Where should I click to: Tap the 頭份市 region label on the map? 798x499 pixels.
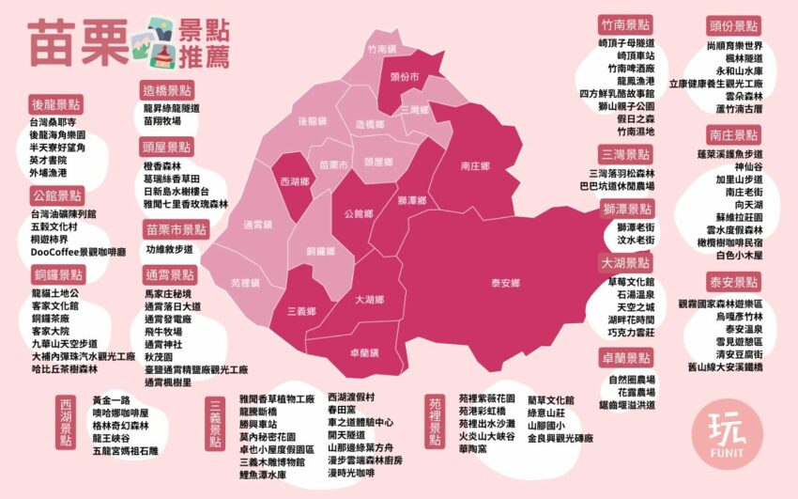pyautogui.click(x=404, y=76)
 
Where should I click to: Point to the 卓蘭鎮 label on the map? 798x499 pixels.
pyautogui.click(x=363, y=351)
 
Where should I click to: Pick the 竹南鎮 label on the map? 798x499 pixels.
pyautogui.click(x=383, y=48)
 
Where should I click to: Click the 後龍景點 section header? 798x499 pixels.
pyautogui.click(x=56, y=104)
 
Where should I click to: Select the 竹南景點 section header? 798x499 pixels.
pyautogui.click(x=626, y=25)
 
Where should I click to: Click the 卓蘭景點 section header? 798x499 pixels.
pyautogui.click(x=626, y=358)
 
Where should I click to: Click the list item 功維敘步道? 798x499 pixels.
pyautogui.click(x=169, y=250)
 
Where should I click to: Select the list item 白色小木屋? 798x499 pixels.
pyautogui.click(x=738, y=255)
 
